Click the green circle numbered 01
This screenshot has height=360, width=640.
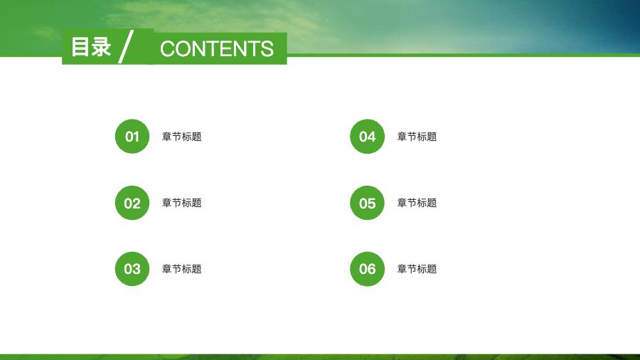tap(132, 137)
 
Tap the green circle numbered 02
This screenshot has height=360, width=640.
tap(132, 203)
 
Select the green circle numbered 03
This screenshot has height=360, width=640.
tap(132, 269)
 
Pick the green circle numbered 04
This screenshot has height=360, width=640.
tap(368, 137)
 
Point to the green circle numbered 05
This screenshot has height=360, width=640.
tap(368, 203)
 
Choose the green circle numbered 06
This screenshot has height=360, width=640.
tap(368, 269)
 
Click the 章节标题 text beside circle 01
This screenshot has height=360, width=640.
tap(182, 137)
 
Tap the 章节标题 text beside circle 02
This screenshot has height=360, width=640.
tap(182, 203)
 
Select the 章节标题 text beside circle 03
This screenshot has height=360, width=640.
tap(182, 269)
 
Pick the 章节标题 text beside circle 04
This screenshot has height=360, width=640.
tap(417, 137)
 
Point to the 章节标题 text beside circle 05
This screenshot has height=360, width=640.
tap(417, 203)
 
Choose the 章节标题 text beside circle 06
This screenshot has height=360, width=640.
tap(417, 269)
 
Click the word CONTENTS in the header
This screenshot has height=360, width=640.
tap(217, 48)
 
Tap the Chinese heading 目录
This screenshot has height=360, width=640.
tap(91, 46)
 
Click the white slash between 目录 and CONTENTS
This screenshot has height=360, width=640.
tap(126, 46)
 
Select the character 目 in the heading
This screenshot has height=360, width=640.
tap(81, 46)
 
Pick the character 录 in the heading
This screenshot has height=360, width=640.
tap(101, 46)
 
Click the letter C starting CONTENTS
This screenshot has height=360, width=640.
tap(168, 48)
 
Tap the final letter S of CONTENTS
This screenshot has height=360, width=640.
tap(267, 48)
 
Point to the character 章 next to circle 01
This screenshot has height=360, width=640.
tap(167, 137)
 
